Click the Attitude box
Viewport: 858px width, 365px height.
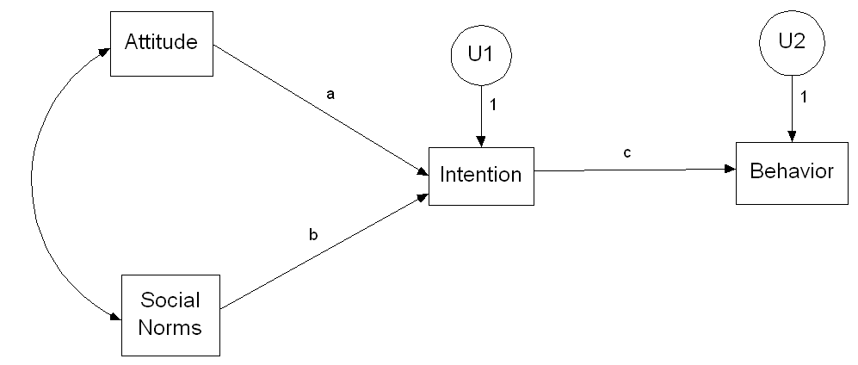coord(162,44)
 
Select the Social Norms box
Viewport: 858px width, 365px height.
coord(170,315)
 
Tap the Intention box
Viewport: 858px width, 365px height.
coord(481,176)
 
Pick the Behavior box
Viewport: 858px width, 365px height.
coord(792,173)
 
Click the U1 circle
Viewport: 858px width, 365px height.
coord(481,55)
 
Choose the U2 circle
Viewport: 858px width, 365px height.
coord(792,42)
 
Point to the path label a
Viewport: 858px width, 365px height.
coord(330,95)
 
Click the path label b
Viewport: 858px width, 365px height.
coord(313,235)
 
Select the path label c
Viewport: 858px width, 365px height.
coord(627,152)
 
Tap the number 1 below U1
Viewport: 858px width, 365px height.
coord(492,104)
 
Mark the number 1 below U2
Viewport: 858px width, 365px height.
coord(803,97)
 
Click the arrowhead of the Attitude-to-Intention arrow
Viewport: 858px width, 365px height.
coord(423,172)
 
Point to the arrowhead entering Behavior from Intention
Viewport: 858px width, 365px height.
coord(730,169)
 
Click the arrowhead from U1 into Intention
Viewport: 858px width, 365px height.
coord(481,141)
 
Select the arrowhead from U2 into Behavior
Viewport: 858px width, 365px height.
coord(792,136)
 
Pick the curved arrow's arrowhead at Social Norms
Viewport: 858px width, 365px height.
coord(116,317)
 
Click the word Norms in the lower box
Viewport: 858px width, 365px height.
coord(170,327)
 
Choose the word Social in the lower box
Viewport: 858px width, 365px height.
coord(170,300)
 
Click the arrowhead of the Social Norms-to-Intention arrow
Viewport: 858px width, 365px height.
coord(423,196)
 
